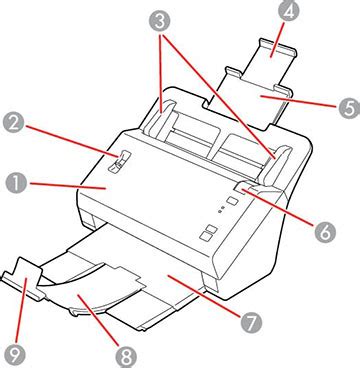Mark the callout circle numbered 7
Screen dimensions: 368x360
coord(250,322)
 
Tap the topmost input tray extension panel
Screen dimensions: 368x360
coord(264,54)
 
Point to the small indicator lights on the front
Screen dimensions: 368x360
coord(220,211)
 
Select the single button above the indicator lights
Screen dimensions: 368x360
coord(230,201)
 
